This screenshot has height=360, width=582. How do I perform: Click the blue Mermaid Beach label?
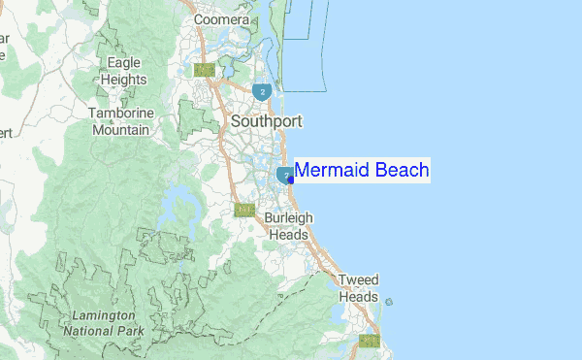point(361,171)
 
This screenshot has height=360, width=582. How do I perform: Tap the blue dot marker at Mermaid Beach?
point(291,180)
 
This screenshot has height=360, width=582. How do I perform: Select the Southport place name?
point(266,122)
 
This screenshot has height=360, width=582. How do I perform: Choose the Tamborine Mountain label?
point(120,121)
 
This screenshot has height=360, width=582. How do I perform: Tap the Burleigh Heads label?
point(287,226)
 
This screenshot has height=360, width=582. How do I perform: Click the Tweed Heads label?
point(358,288)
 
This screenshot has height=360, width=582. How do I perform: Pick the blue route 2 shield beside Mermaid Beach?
point(285,175)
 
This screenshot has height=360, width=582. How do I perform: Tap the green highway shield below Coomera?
point(204,70)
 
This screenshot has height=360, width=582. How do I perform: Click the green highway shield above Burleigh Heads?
point(244,210)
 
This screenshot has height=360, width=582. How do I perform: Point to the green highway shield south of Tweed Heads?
point(368,341)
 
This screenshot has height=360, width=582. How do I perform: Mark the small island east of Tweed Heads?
point(389,302)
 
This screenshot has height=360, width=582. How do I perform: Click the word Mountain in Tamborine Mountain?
point(120,129)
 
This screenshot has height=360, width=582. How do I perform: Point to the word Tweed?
point(358,280)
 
